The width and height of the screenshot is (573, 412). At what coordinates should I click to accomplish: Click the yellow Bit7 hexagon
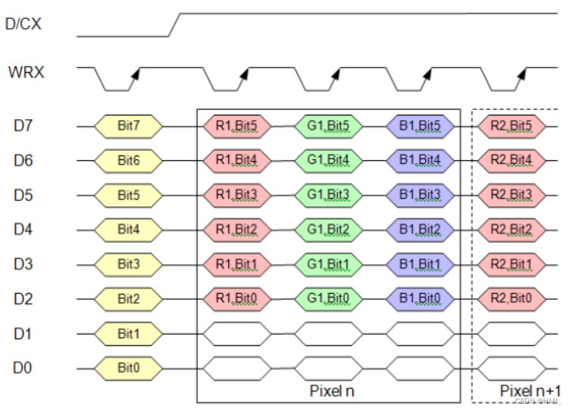tap(128, 124)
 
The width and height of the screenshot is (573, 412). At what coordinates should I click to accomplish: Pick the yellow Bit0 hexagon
tap(128, 369)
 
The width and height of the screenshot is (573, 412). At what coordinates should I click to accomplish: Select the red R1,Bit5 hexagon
tap(235, 124)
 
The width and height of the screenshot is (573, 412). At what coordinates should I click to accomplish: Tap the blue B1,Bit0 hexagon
tap(420, 298)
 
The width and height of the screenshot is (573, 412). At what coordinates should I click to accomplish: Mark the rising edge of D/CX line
tap(174, 24)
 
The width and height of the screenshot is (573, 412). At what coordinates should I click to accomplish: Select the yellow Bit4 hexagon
tap(128, 229)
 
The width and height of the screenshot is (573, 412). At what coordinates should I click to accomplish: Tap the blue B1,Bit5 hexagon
tap(420, 124)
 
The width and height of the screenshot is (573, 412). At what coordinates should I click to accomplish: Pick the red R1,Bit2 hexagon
tap(235, 229)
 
